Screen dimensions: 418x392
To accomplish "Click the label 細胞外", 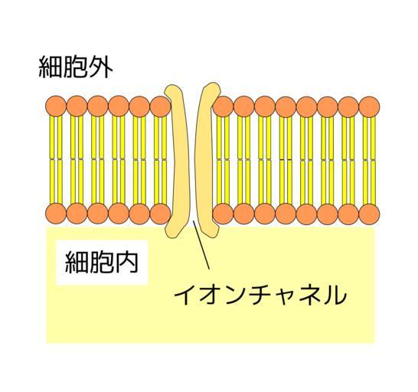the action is [76, 67].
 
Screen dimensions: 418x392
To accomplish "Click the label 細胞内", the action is [102, 262].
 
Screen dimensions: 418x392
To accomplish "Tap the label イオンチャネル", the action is [260, 295].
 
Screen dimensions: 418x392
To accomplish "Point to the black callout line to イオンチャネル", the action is [201, 245].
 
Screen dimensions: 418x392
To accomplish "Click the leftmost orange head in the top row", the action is [56, 106].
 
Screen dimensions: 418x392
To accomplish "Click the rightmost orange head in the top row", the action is [369, 106].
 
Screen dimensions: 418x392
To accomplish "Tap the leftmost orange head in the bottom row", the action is [56, 214].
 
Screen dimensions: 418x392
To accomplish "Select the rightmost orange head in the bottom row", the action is [369, 214].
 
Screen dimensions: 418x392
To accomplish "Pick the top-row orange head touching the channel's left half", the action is [160, 106].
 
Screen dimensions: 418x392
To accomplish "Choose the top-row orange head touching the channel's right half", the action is [223, 106].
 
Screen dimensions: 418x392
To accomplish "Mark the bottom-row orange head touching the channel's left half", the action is [160, 214].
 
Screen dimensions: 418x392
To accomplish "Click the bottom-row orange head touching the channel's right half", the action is [223, 214].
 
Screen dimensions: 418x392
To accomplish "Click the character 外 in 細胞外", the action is [101, 67].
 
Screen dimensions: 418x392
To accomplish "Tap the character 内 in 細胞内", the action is [126, 262].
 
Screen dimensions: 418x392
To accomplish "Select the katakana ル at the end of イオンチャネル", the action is [335, 295].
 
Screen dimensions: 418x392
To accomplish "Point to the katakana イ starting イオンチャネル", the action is [185, 295].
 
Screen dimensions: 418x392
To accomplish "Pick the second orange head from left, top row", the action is [77, 106].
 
